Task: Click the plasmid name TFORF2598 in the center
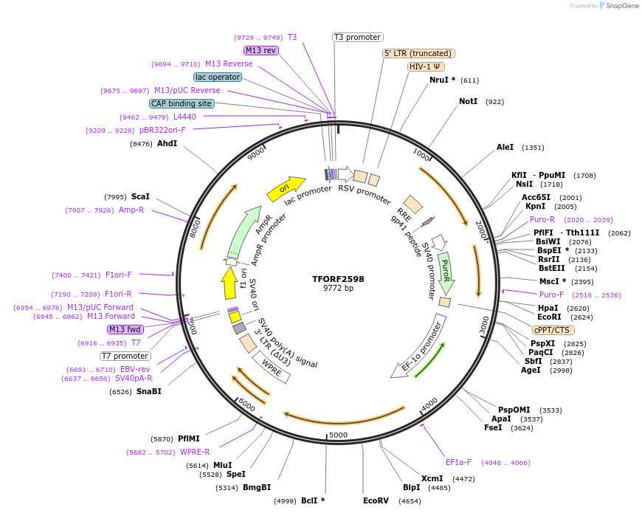(338, 279)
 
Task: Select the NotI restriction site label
(468, 101)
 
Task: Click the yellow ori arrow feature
(285, 189)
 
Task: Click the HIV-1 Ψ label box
(426, 66)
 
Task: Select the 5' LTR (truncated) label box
(418, 53)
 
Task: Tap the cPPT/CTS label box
(551, 330)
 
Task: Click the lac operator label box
(218, 77)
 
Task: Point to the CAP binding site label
(182, 103)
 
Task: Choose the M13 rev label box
(260, 50)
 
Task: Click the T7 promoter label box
(125, 356)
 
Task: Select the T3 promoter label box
(357, 37)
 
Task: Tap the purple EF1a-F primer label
(458, 463)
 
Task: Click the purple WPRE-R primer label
(195, 452)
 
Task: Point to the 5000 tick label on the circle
(338, 435)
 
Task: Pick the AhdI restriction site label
(167, 143)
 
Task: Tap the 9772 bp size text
(338, 289)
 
